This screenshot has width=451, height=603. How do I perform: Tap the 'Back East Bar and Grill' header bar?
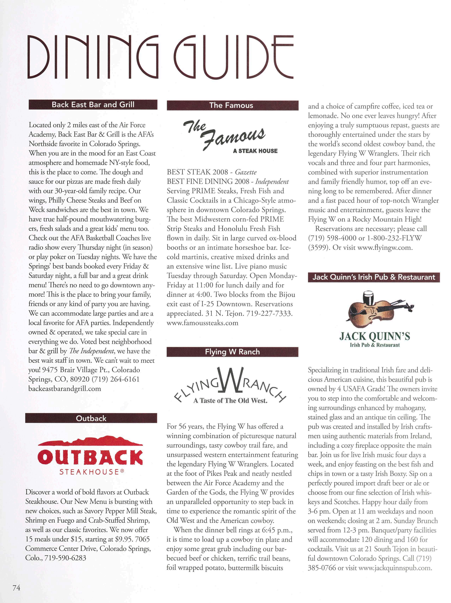93,105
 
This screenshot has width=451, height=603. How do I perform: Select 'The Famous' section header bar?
232,105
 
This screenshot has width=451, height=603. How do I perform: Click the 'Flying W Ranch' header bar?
232,352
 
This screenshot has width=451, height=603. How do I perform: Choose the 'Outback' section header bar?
91,418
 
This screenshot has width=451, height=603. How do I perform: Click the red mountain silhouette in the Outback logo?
90,441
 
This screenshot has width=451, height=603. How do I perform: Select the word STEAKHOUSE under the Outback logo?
90,472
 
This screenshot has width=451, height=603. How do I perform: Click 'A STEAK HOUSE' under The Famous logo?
255,151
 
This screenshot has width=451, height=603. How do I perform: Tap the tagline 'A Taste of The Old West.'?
230,401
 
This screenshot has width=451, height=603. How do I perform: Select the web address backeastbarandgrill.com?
65,389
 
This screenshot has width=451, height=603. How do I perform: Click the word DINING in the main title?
93,57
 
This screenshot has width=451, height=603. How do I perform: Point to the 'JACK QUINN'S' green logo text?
374,336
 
